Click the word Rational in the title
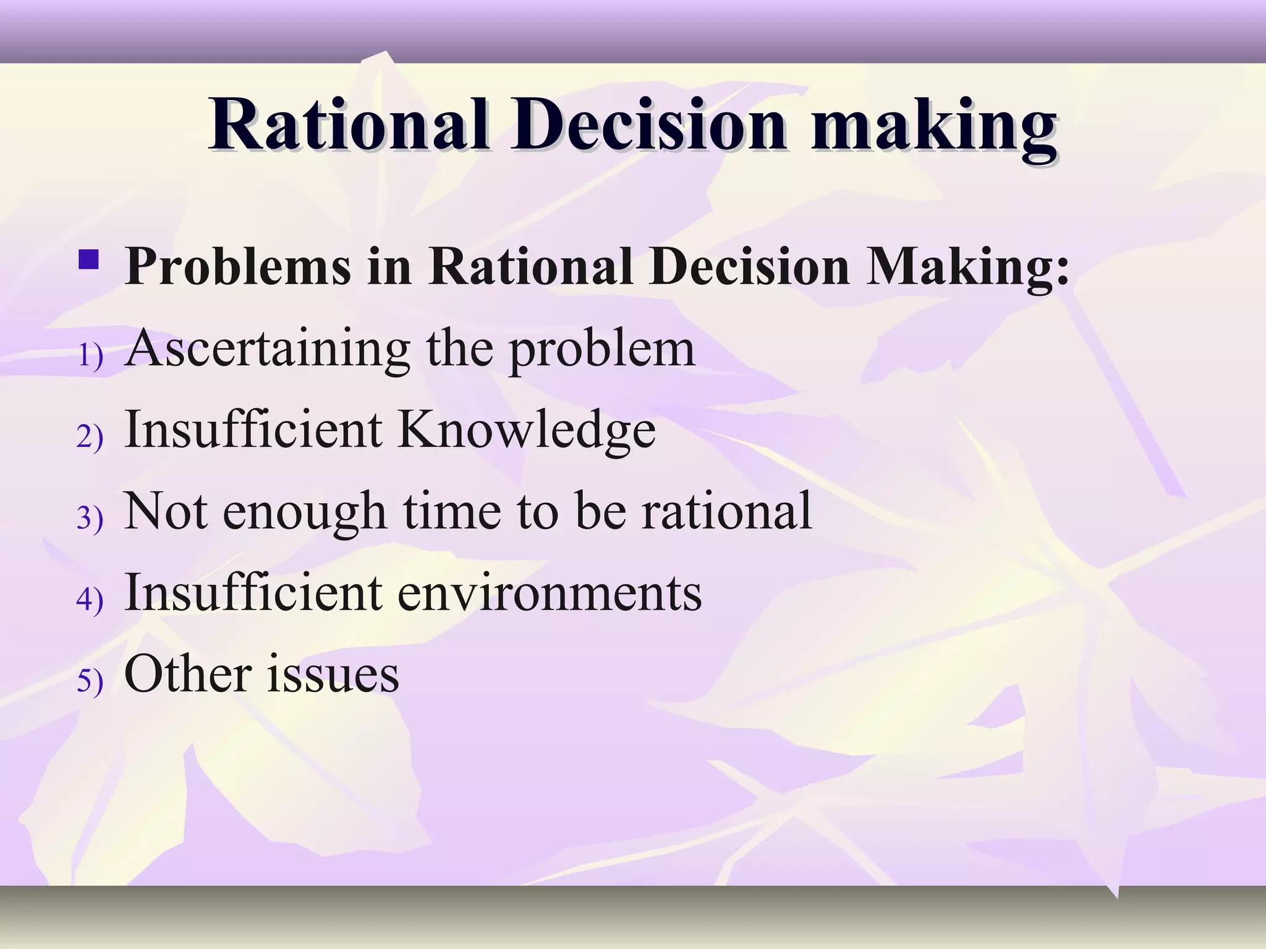pyautogui.click(x=349, y=125)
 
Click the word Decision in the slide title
pyautogui.click(x=648, y=125)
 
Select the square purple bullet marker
pyautogui.click(x=89, y=259)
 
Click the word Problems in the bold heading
pyautogui.click(x=238, y=267)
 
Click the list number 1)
pyautogui.click(x=90, y=356)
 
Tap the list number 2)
pyautogui.click(x=90, y=437)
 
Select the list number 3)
pyautogui.click(x=90, y=518)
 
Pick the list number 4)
pyautogui.click(x=90, y=599)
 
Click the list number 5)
pyautogui.click(x=90, y=680)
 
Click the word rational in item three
pyautogui.click(x=726, y=511)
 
